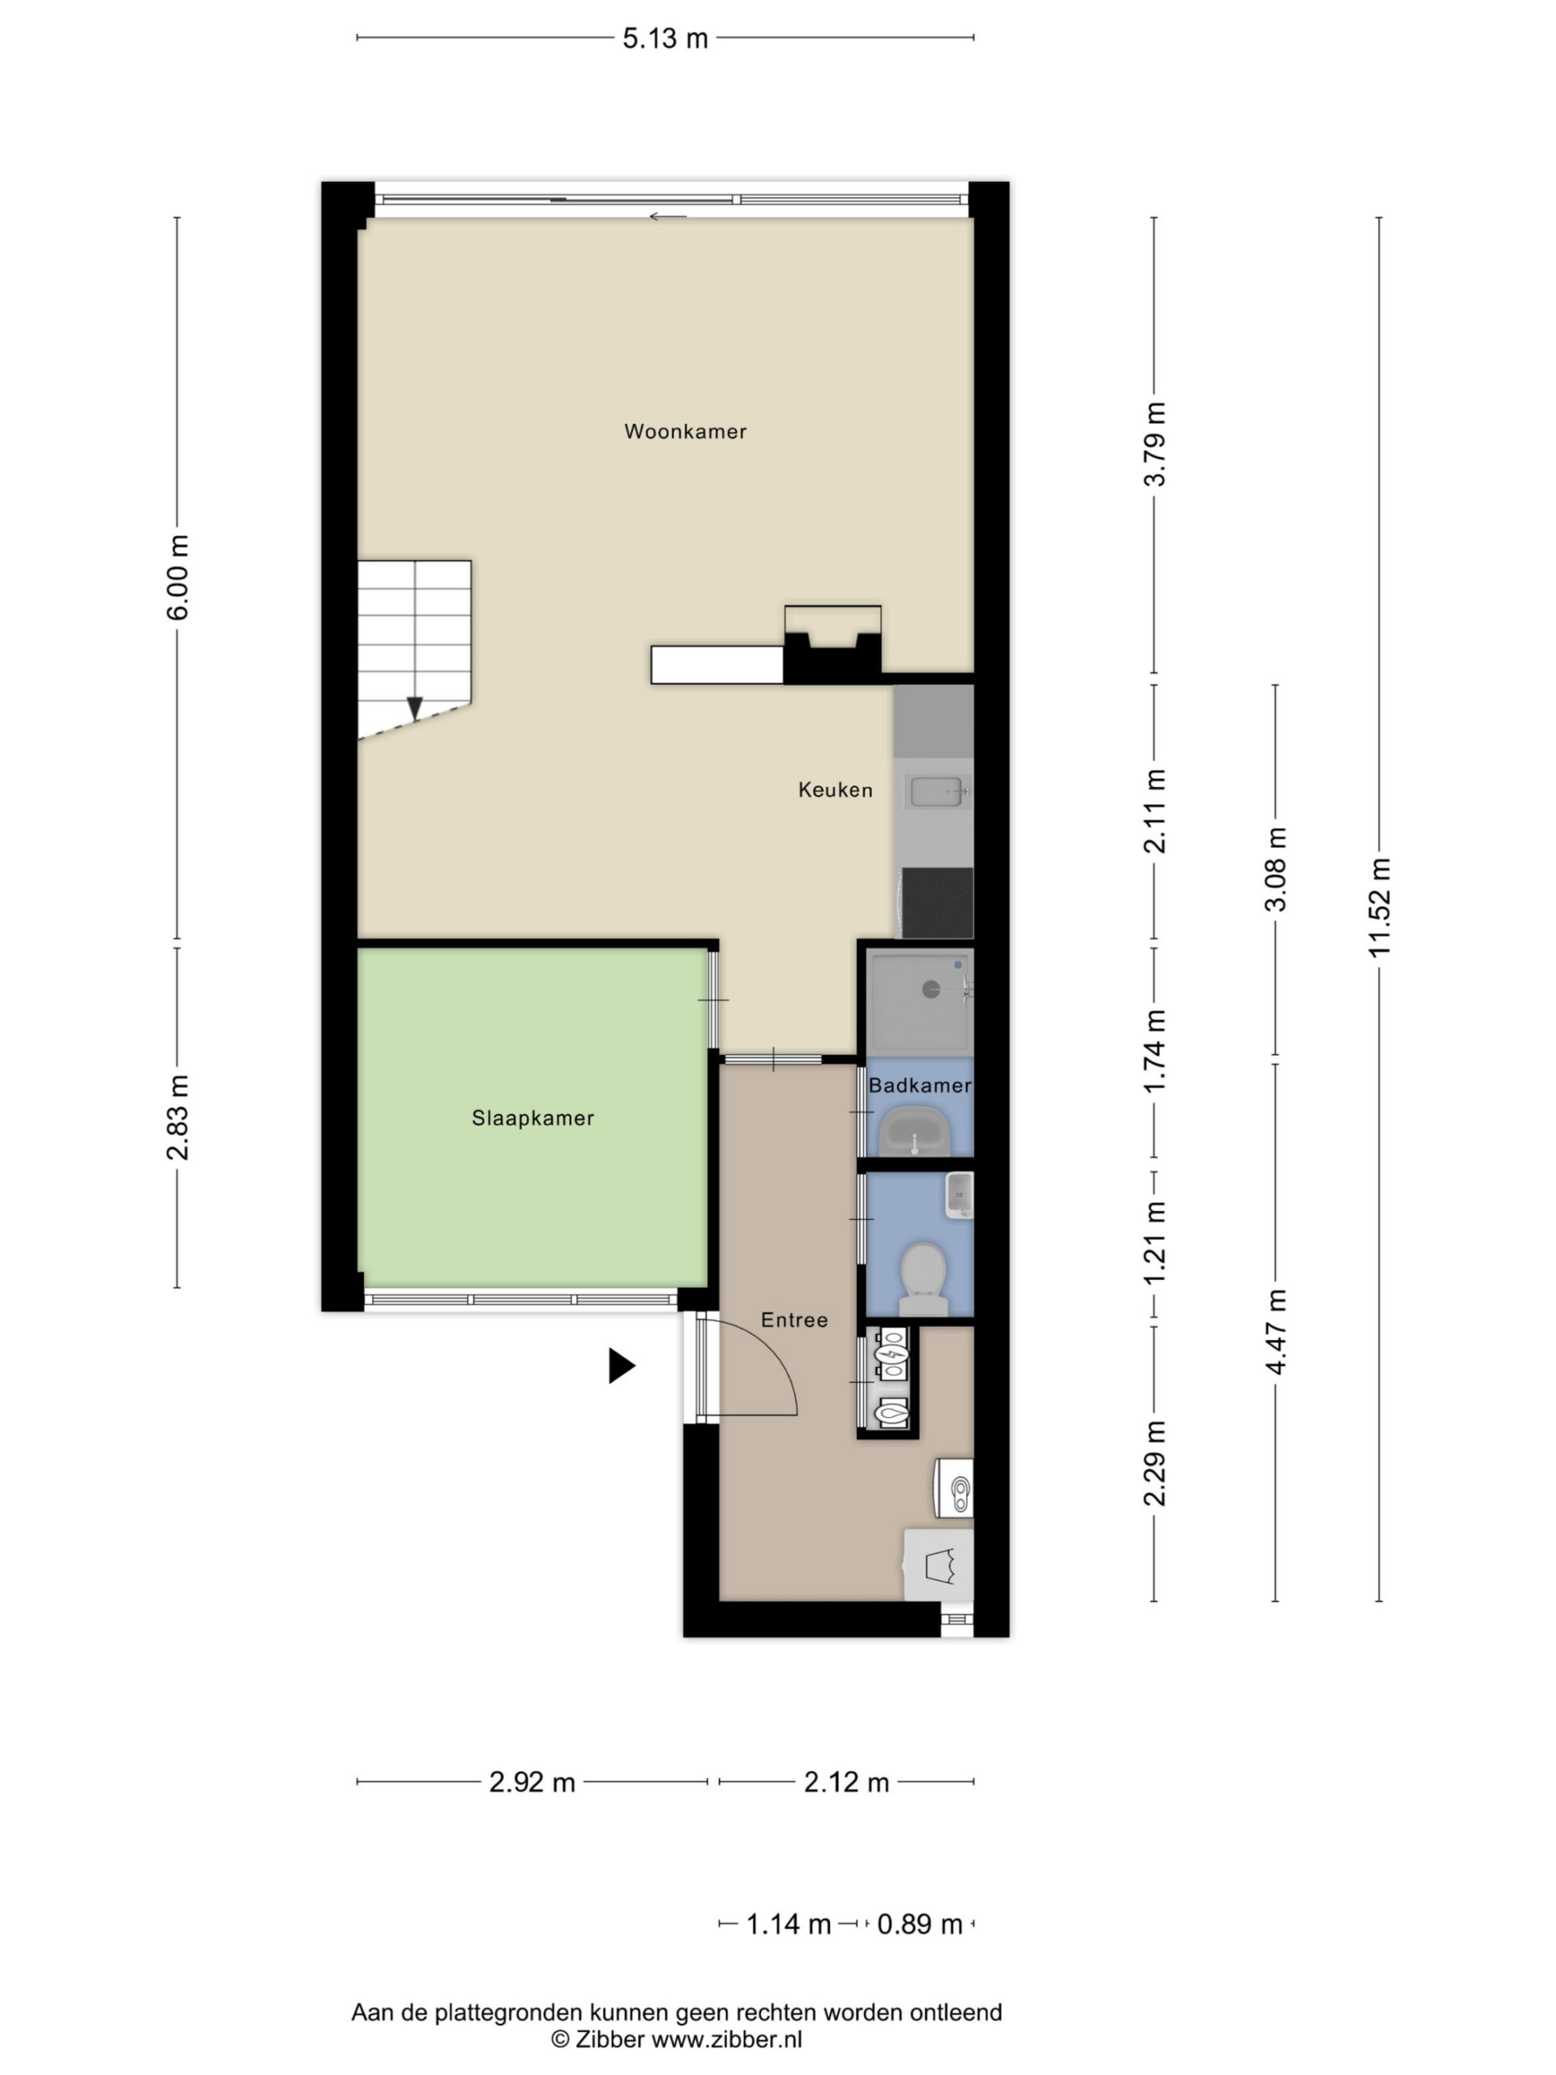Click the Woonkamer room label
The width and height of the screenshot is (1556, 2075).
point(685,431)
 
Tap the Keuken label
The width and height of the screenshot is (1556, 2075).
point(835,789)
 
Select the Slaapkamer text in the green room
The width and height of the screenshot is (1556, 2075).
point(532,1119)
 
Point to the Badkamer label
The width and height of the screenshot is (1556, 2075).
point(919,1085)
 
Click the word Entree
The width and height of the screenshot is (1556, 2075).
point(794,1320)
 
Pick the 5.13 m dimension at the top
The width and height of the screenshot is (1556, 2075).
point(665,38)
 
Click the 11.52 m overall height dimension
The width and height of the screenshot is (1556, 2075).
point(1379,907)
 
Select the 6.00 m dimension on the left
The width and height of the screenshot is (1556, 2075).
point(177,577)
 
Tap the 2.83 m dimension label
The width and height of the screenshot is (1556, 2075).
point(177,1117)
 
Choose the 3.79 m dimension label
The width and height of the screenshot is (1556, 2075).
point(1155,443)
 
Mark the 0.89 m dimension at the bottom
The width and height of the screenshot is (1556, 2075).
point(920,1924)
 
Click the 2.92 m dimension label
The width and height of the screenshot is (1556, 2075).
point(532,1782)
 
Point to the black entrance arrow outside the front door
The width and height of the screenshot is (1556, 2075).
point(621,1366)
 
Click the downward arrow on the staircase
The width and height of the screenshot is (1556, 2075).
point(413,708)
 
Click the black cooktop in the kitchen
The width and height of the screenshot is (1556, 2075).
point(937,902)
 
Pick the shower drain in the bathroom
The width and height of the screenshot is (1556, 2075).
point(931,988)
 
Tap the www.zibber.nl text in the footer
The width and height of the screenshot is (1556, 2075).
point(727,2039)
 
